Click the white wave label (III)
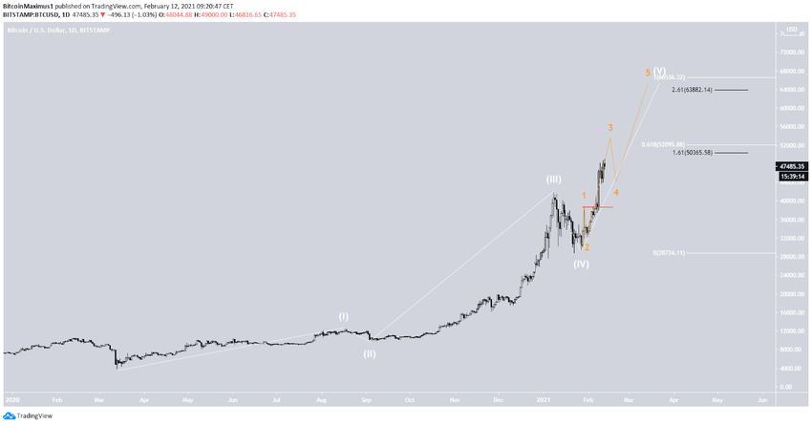click(x=555, y=180)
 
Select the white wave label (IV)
click(x=581, y=264)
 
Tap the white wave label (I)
click(x=344, y=316)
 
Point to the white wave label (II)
click(x=369, y=353)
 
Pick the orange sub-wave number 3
click(x=610, y=128)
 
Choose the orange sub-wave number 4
click(x=616, y=193)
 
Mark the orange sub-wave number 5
click(x=648, y=73)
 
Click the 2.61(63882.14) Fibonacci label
click(x=705, y=90)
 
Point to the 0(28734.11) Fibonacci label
click(x=668, y=253)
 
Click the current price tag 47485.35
click(x=791, y=165)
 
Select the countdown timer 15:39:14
click(x=791, y=176)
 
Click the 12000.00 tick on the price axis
click(x=790, y=330)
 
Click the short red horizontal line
click(x=597, y=206)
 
